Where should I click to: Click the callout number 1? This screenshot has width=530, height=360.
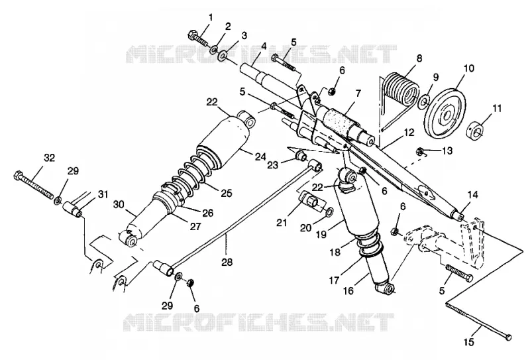point(211,17)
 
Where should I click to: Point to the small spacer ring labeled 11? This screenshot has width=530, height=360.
point(476,129)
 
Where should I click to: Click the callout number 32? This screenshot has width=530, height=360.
point(49,158)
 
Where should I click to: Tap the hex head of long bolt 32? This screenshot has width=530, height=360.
point(19,176)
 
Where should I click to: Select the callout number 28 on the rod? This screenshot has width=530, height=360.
point(227,261)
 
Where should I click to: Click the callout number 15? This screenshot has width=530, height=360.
point(469,341)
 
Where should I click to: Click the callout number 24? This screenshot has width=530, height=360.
point(260,156)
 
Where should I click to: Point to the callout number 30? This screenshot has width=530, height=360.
point(119,204)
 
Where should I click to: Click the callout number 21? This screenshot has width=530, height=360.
point(282,223)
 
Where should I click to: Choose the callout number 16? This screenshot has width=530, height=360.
point(348,290)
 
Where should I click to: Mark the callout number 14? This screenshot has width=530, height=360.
point(473,194)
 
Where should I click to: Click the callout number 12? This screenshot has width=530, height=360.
point(409,133)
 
